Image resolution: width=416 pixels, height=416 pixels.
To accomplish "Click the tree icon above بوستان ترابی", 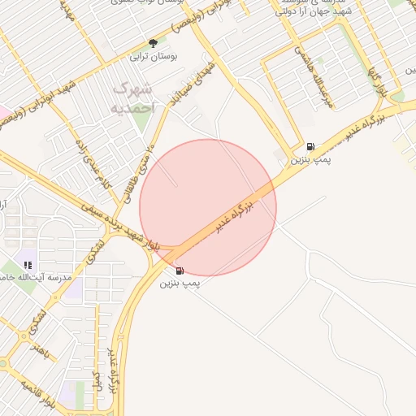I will (153, 43).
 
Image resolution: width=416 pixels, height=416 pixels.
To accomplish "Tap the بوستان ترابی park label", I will (153, 58).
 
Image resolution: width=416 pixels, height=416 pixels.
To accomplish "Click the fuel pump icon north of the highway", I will (310, 147).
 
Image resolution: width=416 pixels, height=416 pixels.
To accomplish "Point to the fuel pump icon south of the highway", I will (179, 271).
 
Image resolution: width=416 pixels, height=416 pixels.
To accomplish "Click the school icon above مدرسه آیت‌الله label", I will (28, 265).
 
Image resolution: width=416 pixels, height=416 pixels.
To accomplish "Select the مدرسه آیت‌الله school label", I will (32, 278).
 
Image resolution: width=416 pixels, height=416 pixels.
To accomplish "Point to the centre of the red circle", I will (208, 208).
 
